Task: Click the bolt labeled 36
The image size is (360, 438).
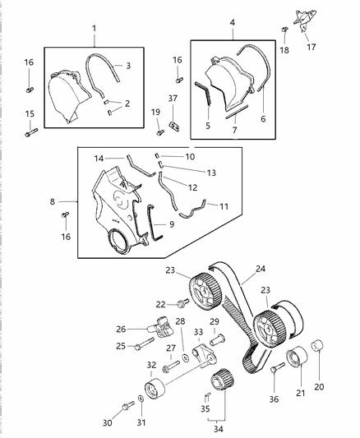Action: (x=273, y=371)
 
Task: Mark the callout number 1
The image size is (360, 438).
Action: (x=93, y=28)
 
